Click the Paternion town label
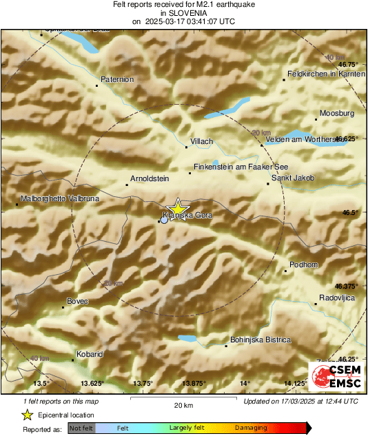(117, 80)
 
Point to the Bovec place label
(78, 301)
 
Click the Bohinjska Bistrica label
(260, 340)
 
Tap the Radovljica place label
(336, 298)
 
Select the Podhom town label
(303, 265)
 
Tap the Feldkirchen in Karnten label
(325, 74)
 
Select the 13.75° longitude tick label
(143, 383)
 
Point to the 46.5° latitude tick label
(351, 212)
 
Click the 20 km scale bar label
(183, 405)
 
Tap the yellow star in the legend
(27, 415)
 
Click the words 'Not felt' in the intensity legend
(81, 428)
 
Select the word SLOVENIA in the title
(183, 12)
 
